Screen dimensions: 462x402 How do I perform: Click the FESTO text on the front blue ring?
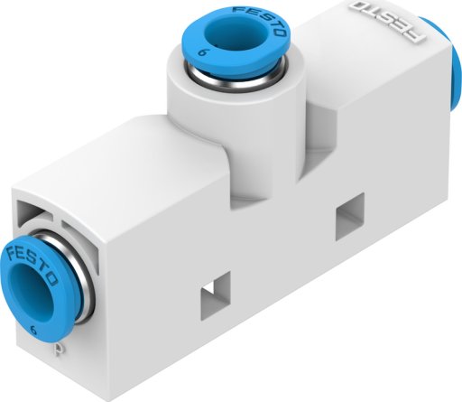point(32,261)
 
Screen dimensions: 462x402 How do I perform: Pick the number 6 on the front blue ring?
point(34,331)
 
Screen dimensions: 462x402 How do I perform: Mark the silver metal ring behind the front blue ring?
point(77,277)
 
